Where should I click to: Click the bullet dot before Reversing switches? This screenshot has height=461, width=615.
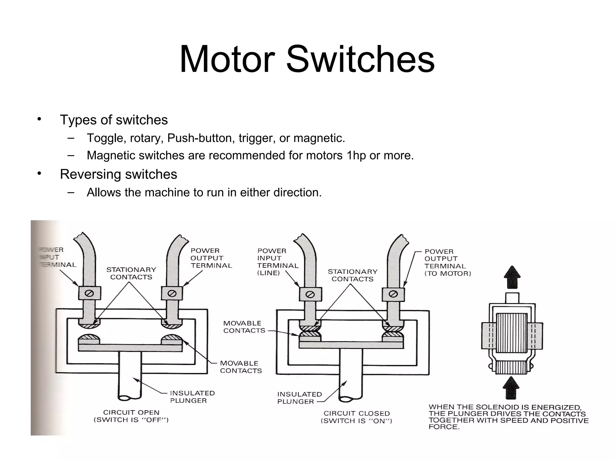click(x=39, y=173)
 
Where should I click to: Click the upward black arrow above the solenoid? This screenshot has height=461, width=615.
click(x=512, y=277)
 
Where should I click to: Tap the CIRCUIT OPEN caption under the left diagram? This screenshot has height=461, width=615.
click(x=131, y=413)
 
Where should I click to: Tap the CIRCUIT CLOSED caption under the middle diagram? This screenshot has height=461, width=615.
click(x=356, y=414)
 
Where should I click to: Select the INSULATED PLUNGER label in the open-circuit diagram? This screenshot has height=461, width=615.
click(x=192, y=397)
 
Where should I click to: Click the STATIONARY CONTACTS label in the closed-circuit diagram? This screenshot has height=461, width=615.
click(x=353, y=275)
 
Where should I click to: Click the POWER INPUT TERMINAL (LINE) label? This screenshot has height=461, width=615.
click(x=277, y=262)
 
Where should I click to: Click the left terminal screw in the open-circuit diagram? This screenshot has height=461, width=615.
click(x=89, y=293)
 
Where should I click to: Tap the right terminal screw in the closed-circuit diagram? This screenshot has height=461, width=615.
click(x=393, y=294)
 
